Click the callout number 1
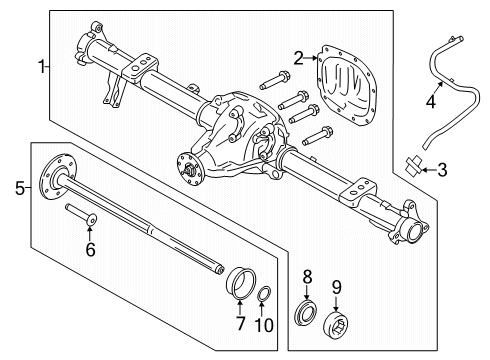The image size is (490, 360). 42,67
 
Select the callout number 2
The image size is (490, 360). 299,58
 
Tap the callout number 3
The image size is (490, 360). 442,170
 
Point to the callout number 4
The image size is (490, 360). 431,101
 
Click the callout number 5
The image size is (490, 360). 20,188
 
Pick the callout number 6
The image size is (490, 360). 90,249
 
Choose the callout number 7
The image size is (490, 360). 240,323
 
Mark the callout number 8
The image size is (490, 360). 307,277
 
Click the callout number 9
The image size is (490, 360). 337,287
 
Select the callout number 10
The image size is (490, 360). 264,325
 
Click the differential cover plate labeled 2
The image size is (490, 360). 345,86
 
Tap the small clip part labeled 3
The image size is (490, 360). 413,165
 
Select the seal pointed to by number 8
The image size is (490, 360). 305,313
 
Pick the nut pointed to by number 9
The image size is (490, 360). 337,325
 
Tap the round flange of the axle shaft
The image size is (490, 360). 57,177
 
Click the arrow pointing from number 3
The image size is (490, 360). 429,170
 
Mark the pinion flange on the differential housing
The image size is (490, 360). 189,169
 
